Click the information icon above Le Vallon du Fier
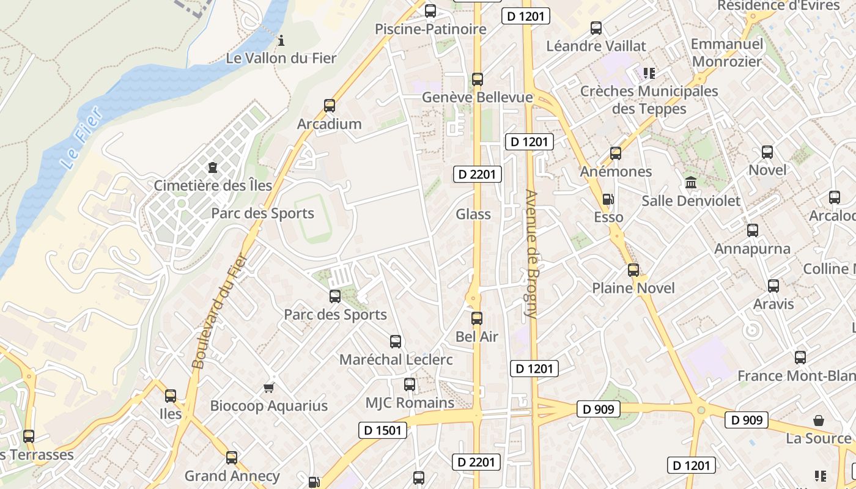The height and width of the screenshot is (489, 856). [281, 41]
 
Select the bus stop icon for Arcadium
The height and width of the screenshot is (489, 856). [330, 106]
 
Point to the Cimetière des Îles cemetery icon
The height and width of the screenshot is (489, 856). [213, 167]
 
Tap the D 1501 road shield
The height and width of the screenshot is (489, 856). [383, 430]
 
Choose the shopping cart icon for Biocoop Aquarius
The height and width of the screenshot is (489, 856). [268, 388]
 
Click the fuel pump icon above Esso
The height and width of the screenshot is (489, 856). [608, 199]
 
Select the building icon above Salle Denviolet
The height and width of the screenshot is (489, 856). [691, 182]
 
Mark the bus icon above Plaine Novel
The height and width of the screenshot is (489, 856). [633, 270]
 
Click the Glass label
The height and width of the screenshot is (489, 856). [473, 214]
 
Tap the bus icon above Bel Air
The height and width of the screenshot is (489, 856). [477, 318]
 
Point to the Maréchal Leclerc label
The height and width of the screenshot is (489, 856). [396, 359]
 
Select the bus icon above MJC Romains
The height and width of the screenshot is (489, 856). [410, 384]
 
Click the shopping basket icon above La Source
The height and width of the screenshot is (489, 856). [819, 421]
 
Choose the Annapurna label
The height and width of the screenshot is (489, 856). [753, 249]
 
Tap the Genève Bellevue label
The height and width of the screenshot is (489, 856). [478, 98]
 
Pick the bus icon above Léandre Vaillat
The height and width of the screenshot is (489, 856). [596, 28]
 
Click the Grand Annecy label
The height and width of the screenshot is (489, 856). [232, 476]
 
